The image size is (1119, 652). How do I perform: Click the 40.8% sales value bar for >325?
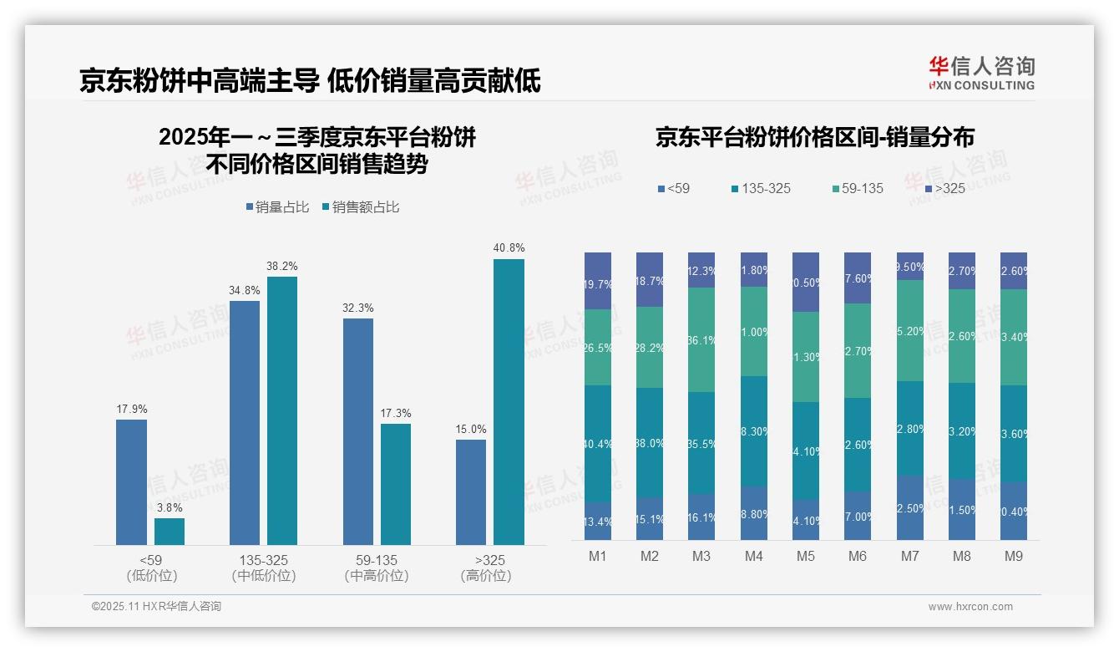[509, 402]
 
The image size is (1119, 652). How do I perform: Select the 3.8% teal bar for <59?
[170, 532]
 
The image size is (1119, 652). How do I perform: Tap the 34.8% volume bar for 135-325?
[245, 423]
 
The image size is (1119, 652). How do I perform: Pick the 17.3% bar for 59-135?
[396, 484]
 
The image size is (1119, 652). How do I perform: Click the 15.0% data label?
[471, 429]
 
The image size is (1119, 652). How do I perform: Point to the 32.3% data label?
[357, 308]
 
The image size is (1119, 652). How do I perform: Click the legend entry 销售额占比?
[360, 207]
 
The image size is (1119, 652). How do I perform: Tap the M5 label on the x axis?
[805, 556]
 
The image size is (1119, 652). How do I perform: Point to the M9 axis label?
[1013, 556]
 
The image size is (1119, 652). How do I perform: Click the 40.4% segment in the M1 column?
[598, 443]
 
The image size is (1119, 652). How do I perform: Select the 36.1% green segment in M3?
[701, 339]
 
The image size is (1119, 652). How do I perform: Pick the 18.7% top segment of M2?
[650, 279]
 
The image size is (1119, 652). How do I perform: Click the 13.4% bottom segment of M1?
[598, 521]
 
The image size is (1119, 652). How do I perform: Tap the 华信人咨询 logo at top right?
[981, 73]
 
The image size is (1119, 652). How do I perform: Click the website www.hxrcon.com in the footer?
[970, 607]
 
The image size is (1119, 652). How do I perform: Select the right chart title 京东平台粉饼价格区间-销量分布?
[814, 138]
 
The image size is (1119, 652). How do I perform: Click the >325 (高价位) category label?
[485, 568]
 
